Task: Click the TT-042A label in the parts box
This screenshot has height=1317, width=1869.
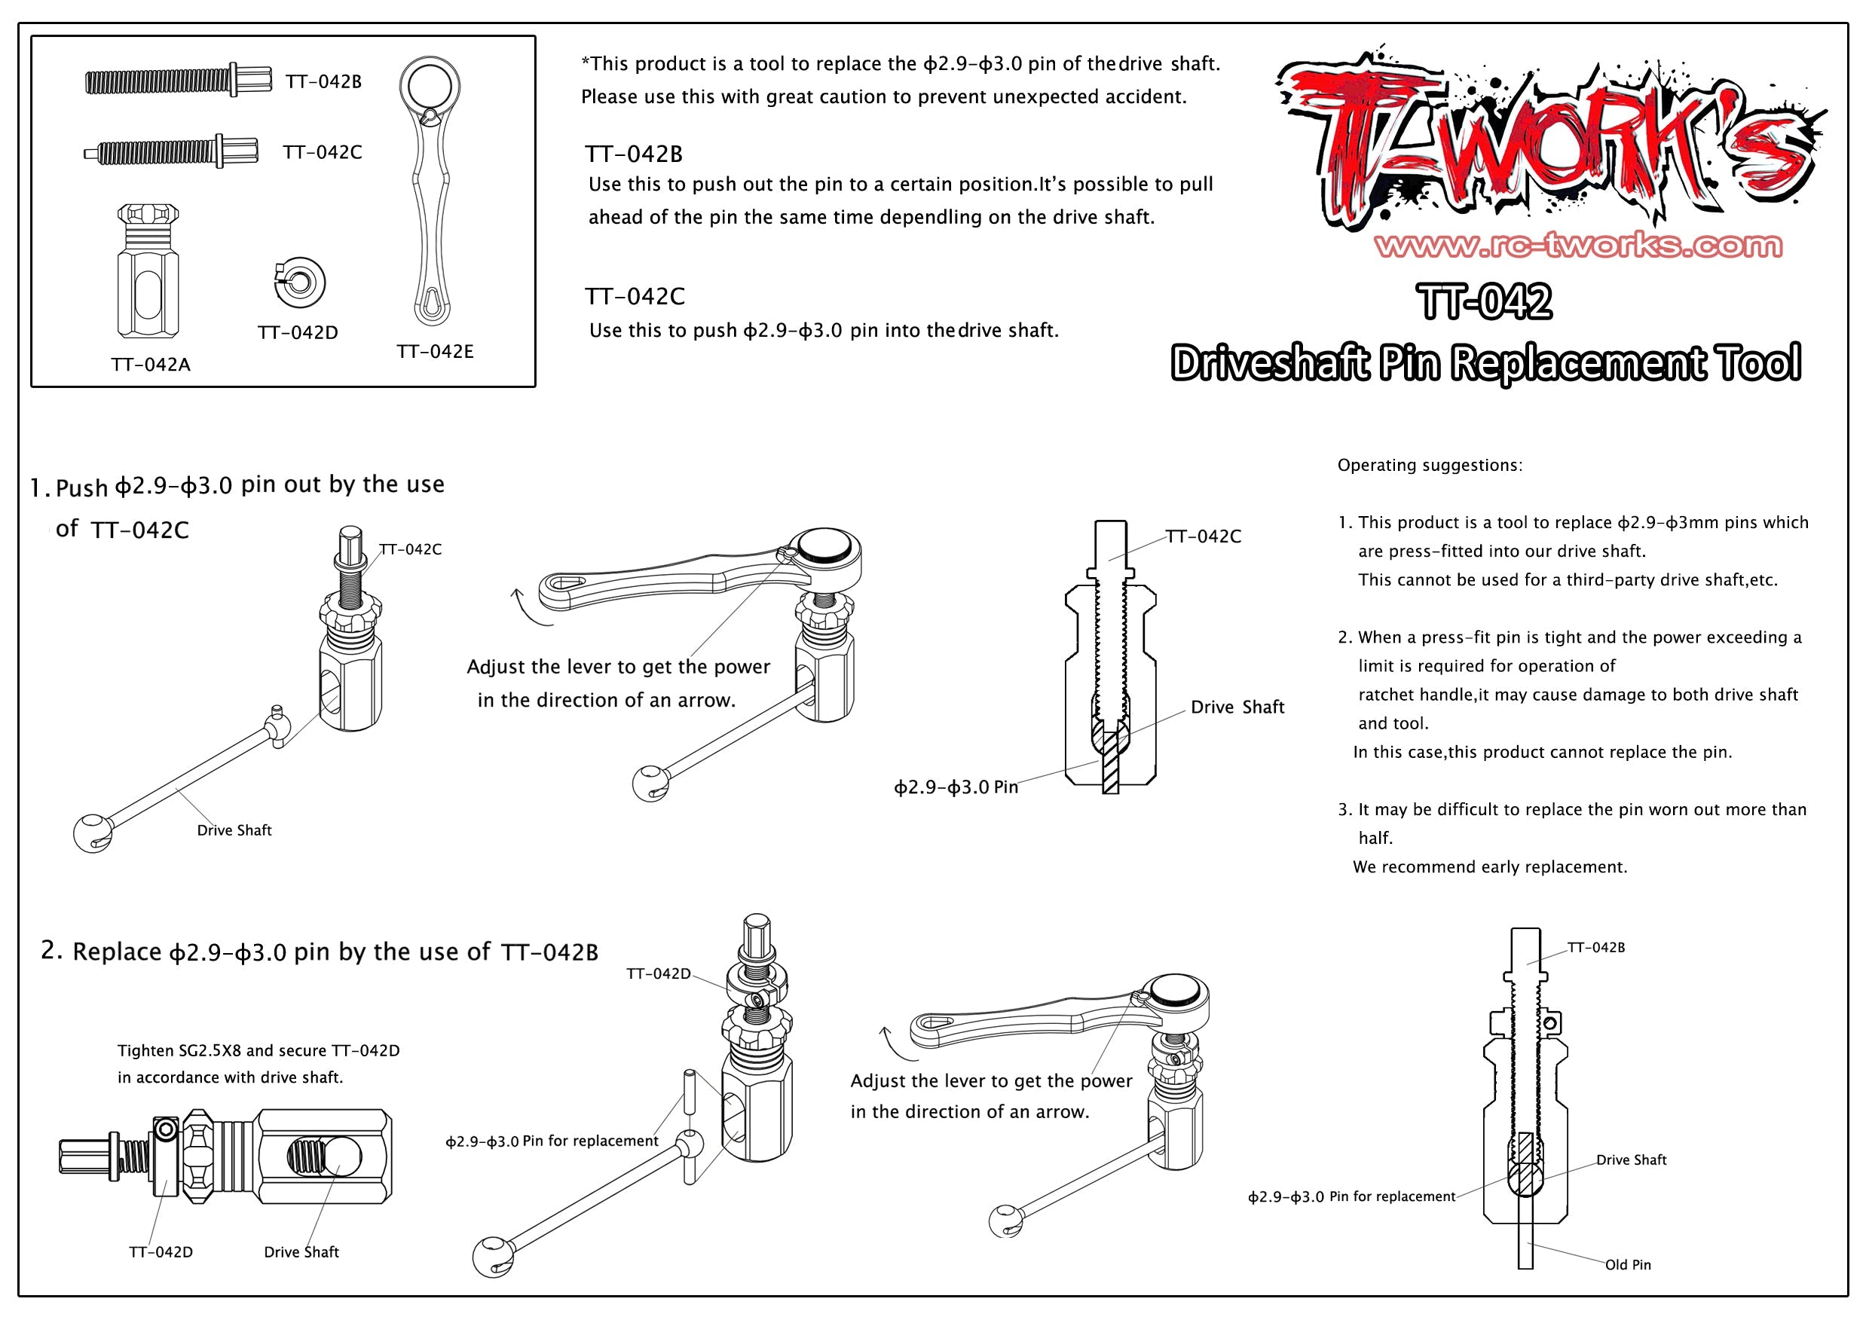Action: pos(151,365)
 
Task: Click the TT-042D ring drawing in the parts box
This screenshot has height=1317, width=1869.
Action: pos(299,283)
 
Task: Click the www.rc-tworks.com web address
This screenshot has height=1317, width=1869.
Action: pos(1577,245)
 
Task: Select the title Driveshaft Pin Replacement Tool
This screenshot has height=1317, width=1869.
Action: pos(1485,363)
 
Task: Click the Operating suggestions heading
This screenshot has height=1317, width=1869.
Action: pos(1429,466)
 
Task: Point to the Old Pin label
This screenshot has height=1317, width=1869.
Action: pos(1627,1264)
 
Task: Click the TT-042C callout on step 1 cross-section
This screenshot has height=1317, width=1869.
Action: pos(1202,536)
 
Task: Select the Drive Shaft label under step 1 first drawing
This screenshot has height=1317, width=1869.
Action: pos(234,830)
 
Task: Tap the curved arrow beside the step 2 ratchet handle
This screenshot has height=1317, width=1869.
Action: pos(896,1045)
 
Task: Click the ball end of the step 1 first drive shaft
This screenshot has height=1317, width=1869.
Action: pos(92,833)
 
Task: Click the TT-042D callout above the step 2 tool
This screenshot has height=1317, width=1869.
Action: pos(658,973)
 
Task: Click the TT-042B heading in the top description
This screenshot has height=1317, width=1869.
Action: pos(633,154)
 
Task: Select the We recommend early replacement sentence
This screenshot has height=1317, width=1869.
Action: pos(1490,867)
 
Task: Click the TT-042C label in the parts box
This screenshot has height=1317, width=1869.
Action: pos(323,152)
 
